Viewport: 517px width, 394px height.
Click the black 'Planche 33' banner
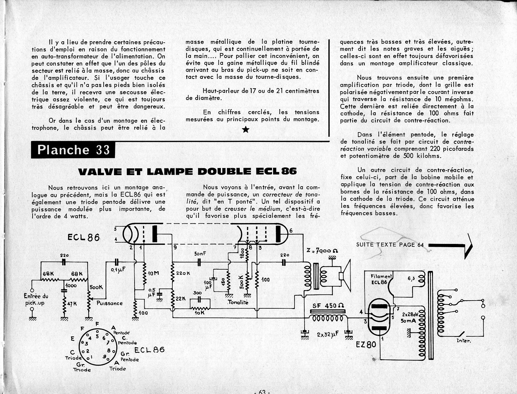click(73, 149)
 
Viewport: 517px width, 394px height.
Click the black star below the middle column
click(246, 130)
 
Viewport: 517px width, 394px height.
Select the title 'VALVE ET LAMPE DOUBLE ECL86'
click(187, 171)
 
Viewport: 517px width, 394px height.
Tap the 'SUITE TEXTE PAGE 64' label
click(390, 245)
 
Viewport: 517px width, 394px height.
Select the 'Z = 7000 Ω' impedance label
click(322, 251)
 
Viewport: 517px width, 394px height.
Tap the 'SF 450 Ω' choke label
click(328, 305)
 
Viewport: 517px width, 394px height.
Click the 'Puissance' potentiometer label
click(110, 303)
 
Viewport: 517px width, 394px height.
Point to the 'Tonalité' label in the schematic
click(238, 302)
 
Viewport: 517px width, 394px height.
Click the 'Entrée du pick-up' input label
click(36, 299)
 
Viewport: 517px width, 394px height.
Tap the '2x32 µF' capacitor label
click(327, 335)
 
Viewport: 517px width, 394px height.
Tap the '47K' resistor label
click(72, 304)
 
